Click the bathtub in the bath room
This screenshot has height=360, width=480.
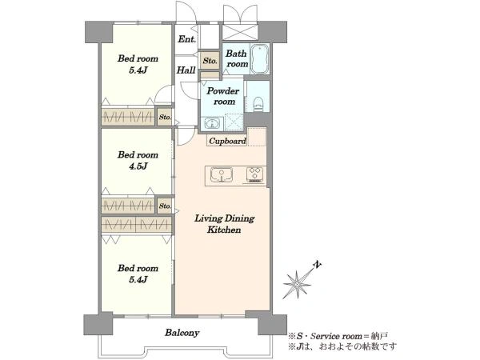[x=259, y=58]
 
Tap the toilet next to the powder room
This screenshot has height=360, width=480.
[x=258, y=104]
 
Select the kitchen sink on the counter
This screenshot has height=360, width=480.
[x=222, y=175]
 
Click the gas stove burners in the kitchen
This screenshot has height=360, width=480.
[x=254, y=174]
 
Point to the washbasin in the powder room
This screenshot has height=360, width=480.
[x=211, y=124]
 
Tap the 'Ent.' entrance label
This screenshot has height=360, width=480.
[x=186, y=39]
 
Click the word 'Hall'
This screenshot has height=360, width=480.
[x=186, y=70]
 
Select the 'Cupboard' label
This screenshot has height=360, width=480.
[x=227, y=141]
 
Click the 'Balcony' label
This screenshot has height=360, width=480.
[x=182, y=333]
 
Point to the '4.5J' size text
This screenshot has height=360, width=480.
[x=138, y=166]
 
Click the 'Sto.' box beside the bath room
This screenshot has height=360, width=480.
[x=210, y=61]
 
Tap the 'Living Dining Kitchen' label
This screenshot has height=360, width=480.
[x=224, y=224]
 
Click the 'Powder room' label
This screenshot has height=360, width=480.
[x=223, y=96]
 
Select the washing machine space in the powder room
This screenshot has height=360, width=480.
[x=234, y=122]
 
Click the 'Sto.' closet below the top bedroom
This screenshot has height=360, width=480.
[x=165, y=117]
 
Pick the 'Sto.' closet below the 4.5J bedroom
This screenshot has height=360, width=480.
[x=165, y=206]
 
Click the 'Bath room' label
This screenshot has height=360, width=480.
[x=237, y=58]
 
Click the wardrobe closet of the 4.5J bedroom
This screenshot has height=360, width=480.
[x=128, y=205]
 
